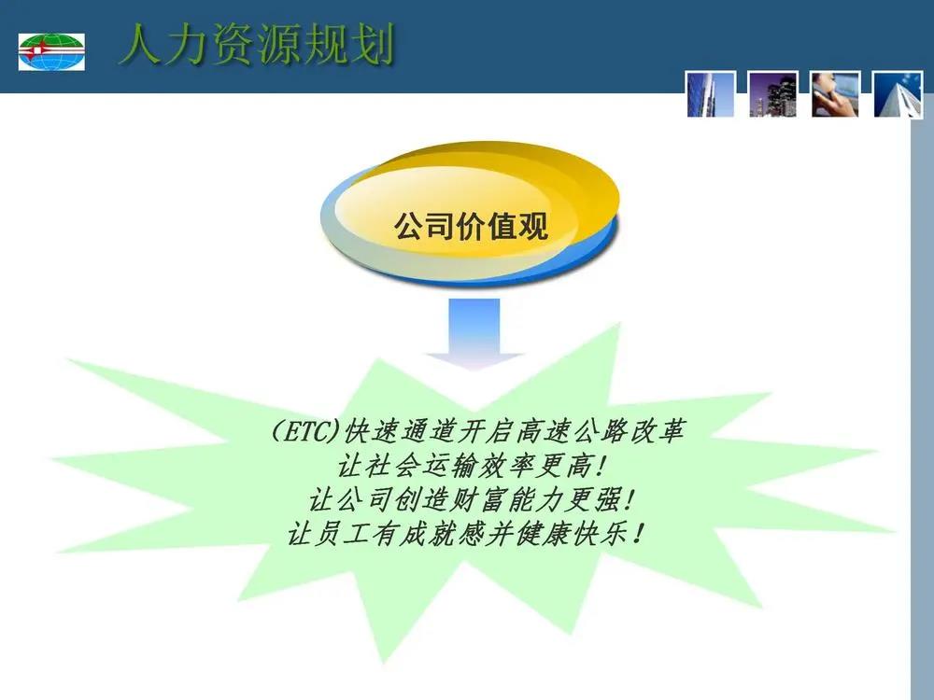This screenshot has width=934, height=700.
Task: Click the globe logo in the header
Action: [x=51, y=51]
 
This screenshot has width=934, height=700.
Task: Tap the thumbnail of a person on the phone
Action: [x=834, y=94]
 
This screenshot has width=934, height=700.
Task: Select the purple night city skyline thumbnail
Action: [x=772, y=94]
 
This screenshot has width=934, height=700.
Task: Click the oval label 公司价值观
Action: [x=471, y=226]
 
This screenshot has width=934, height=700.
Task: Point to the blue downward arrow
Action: [x=474, y=334]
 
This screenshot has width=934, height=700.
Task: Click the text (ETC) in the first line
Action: [x=306, y=431]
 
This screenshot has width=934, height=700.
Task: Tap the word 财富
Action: [x=477, y=499]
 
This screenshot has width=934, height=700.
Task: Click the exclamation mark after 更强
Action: [x=629, y=499]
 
